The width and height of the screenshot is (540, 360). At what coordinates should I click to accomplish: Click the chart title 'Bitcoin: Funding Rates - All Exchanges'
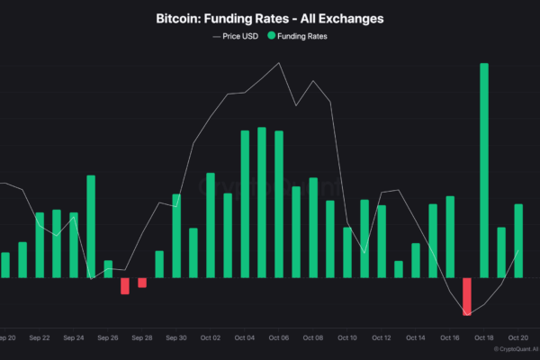[269, 19]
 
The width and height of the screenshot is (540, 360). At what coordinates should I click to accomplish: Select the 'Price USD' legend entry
[239, 36]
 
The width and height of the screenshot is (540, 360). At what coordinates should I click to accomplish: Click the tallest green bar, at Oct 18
[484, 171]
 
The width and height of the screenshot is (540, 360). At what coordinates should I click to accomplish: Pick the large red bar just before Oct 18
[467, 296]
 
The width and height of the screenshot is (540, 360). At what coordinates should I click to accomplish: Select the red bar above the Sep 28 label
[142, 283]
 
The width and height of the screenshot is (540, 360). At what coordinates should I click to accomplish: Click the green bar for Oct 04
[245, 204]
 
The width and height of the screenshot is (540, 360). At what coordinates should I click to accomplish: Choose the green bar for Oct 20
[518, 240]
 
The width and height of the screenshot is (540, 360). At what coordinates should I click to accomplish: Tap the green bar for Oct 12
[382, 241]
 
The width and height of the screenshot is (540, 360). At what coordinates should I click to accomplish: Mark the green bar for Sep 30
[176, 236]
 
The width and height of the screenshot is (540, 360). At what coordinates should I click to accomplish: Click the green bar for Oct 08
[313, 228]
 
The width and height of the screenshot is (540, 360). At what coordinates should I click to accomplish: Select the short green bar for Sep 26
[108, 269]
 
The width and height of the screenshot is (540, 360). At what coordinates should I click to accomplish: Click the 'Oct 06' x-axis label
[279, 338]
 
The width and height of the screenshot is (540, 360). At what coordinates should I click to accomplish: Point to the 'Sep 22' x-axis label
[40, 338]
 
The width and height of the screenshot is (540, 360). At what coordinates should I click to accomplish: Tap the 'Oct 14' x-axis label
[416, 338]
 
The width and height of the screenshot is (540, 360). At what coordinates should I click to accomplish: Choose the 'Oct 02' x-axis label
[211, 338]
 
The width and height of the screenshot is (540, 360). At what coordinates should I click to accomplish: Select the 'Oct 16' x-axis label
[450, 338]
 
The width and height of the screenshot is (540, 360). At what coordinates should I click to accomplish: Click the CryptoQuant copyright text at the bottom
[509, 349]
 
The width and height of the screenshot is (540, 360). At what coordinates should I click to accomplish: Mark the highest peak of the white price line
[280, 63]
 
